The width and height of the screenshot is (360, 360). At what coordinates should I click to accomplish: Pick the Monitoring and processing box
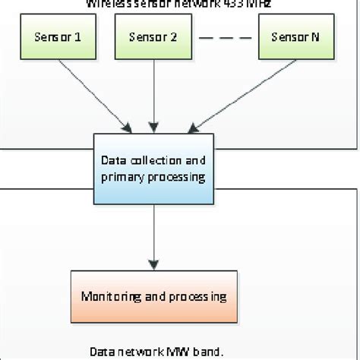click(155, 294)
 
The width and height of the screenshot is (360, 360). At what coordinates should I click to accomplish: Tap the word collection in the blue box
click(153, 160)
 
